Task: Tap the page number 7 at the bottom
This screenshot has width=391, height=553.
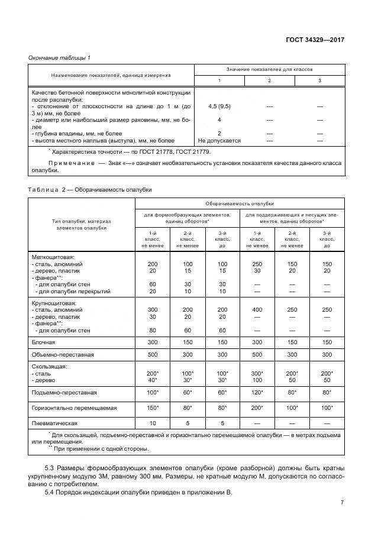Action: pyautogui.click(x=342, y=503)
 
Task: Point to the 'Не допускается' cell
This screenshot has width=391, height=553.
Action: pyautogui.click(x=219, y=141)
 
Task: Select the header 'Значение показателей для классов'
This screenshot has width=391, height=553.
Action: pyautogui.click(x=269, y=70)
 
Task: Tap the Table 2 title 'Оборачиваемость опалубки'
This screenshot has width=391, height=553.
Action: pyautogui.click(x=124, y=189)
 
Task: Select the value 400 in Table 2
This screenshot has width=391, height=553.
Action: pyautogui.click(x=257, y=309)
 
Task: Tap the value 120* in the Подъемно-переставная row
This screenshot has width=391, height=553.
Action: pyautogui.click(x=257, y=392)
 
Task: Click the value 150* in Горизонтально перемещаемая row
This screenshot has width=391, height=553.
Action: pyautogui.click(x=153, y=408)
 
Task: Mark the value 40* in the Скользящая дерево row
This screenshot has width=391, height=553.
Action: pyautogui.click(x=153, y=380)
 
